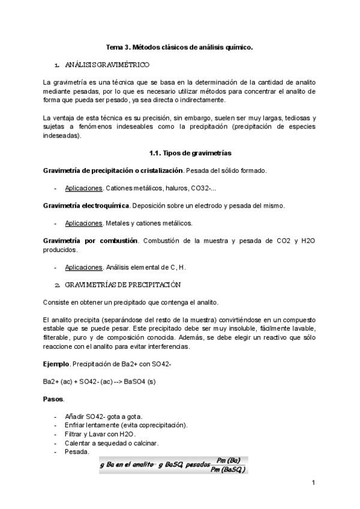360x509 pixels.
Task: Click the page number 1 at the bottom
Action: [313, 483]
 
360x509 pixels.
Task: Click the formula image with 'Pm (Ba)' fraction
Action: [174, 464]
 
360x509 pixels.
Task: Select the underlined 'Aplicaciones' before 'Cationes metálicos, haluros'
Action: [83, 188]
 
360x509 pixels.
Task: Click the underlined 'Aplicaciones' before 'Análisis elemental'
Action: [83, 267]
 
